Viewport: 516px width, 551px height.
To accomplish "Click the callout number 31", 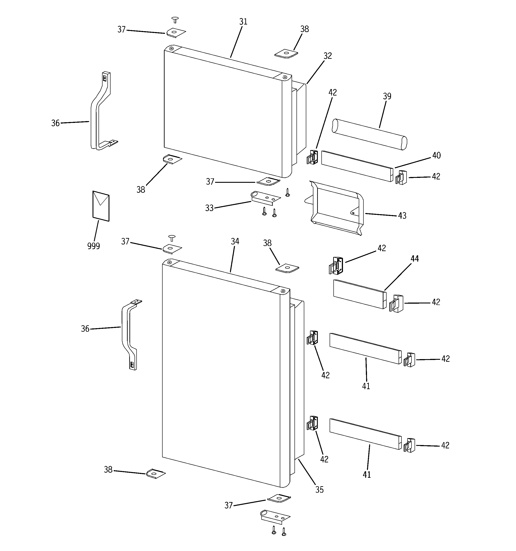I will [x=243, y=22].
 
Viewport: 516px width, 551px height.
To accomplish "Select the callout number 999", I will [x=93, y=246].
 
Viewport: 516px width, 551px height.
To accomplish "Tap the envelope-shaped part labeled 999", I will [x=101, y=206].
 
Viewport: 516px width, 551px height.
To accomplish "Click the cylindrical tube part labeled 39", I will [x=370, y=135].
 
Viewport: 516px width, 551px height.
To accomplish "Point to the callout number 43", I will [x=402, y=216].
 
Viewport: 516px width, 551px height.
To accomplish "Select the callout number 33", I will [x=209, y=208].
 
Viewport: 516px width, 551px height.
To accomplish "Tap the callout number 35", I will [x=319, y=490].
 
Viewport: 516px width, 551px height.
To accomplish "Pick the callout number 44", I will [x=414, y=259].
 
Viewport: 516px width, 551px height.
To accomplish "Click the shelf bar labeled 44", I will [x=359, y=294].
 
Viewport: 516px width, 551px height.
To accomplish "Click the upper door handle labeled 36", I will [x=101, y=111].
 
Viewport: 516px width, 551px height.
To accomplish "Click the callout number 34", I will [x=235, y=241].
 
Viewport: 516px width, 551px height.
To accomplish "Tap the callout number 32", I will [x=327, y=56].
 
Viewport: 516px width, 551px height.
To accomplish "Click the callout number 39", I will [x=387, y=96].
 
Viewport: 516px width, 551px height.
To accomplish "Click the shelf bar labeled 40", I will [x=357, y=166].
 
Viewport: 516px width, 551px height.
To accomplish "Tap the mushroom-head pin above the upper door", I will [x=175, y=19].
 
